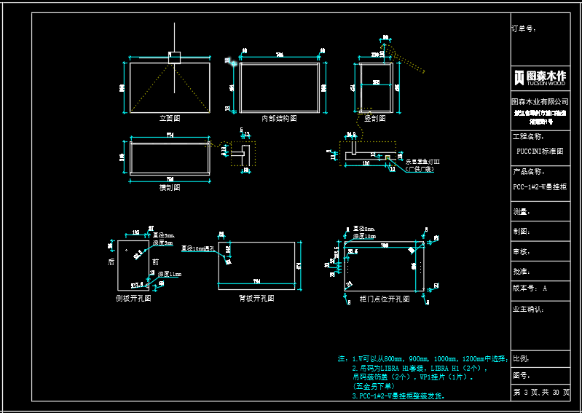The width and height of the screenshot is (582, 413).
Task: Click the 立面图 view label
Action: coord(170,117)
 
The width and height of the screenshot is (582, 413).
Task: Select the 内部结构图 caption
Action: coord(279,118)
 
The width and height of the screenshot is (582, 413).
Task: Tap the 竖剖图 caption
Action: coord(375,118)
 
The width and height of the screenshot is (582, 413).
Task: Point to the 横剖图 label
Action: coord(170,187)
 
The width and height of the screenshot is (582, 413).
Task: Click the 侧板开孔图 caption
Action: coord(133,299)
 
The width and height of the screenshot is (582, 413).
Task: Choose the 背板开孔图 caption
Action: coord(257,299)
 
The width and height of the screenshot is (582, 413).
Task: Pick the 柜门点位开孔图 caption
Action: coord(385,299)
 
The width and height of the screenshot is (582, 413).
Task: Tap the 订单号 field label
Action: coord(524,29)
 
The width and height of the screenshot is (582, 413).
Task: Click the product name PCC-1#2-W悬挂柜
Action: coord(540,187)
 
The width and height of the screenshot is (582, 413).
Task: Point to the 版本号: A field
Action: coord(530,288)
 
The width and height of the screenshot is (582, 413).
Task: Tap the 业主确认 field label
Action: coord(528,309)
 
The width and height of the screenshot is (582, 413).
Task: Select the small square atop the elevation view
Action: coord(174,56)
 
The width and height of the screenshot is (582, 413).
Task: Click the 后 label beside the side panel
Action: coord(111,261)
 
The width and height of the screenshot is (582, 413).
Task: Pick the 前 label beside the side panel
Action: coord(155,261)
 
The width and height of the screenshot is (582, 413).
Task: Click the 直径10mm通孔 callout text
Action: coord(198,249)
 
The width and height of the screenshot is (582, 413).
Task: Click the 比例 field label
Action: coord(521,358)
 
